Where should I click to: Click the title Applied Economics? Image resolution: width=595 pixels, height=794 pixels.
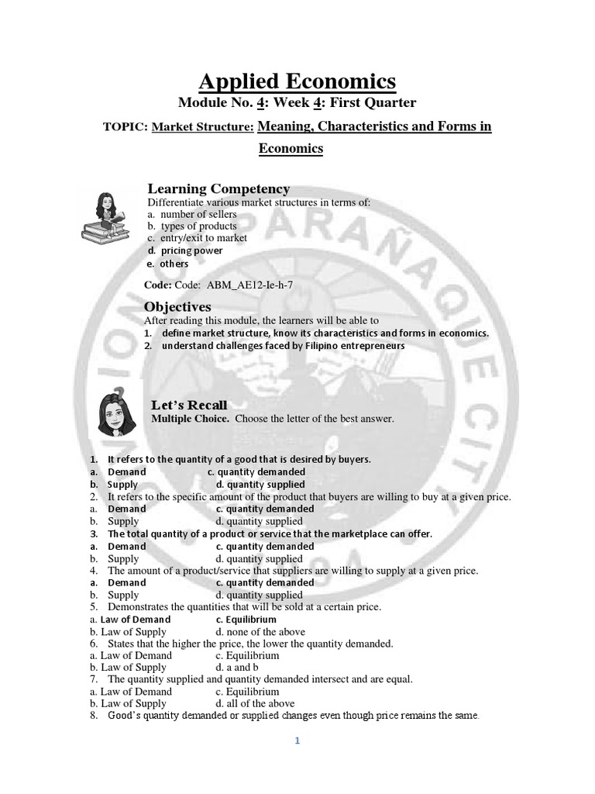[297, 81]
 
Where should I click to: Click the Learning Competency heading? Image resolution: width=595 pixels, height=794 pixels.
[219, 189]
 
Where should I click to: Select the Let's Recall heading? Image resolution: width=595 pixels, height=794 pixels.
[189, 406]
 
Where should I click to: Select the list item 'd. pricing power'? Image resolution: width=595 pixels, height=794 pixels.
[185, 250]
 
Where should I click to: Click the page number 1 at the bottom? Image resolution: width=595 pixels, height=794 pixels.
[297, 740]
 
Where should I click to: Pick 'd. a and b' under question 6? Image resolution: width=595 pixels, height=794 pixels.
[237, 668]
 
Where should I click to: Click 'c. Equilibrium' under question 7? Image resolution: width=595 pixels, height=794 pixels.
[247, 692]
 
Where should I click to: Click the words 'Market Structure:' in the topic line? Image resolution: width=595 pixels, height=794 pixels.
[203, 127]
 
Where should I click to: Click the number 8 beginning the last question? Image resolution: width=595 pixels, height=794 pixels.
[93, 716]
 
